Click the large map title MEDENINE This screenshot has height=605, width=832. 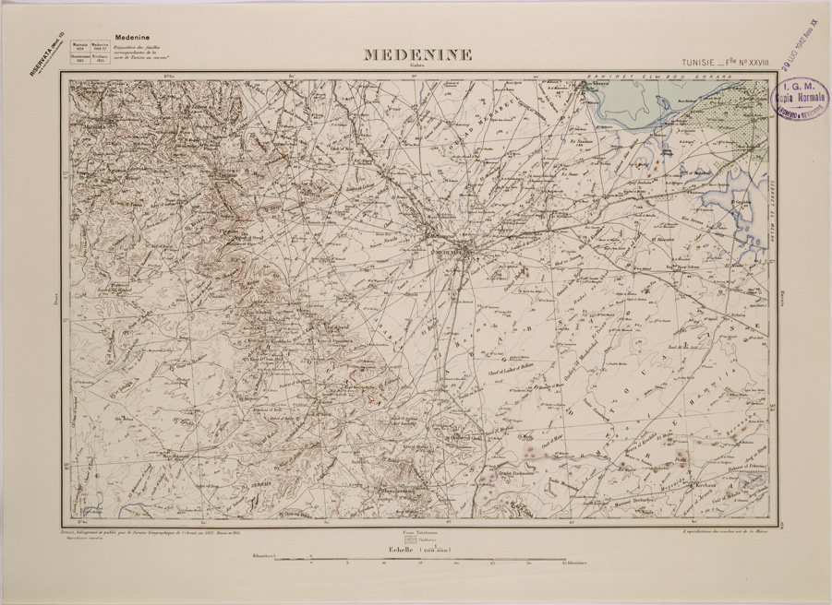coord(417,55)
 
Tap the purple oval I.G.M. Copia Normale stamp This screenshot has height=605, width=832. coord(799,98)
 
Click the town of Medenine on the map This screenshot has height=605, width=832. coord(452,246)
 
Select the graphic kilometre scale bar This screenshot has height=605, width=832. coord(416,559)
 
